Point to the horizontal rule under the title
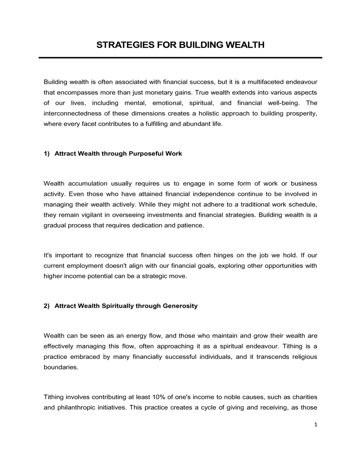(x=180, y=58)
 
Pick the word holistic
(x=207, y=114)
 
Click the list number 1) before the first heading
(x=47, y=154)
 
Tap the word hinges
(x=223, y=256)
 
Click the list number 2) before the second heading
(x=47, y=306)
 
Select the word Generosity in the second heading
(x=180, y=306)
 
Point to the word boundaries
(x=61, y=368)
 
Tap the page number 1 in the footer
(x=316, y=425)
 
